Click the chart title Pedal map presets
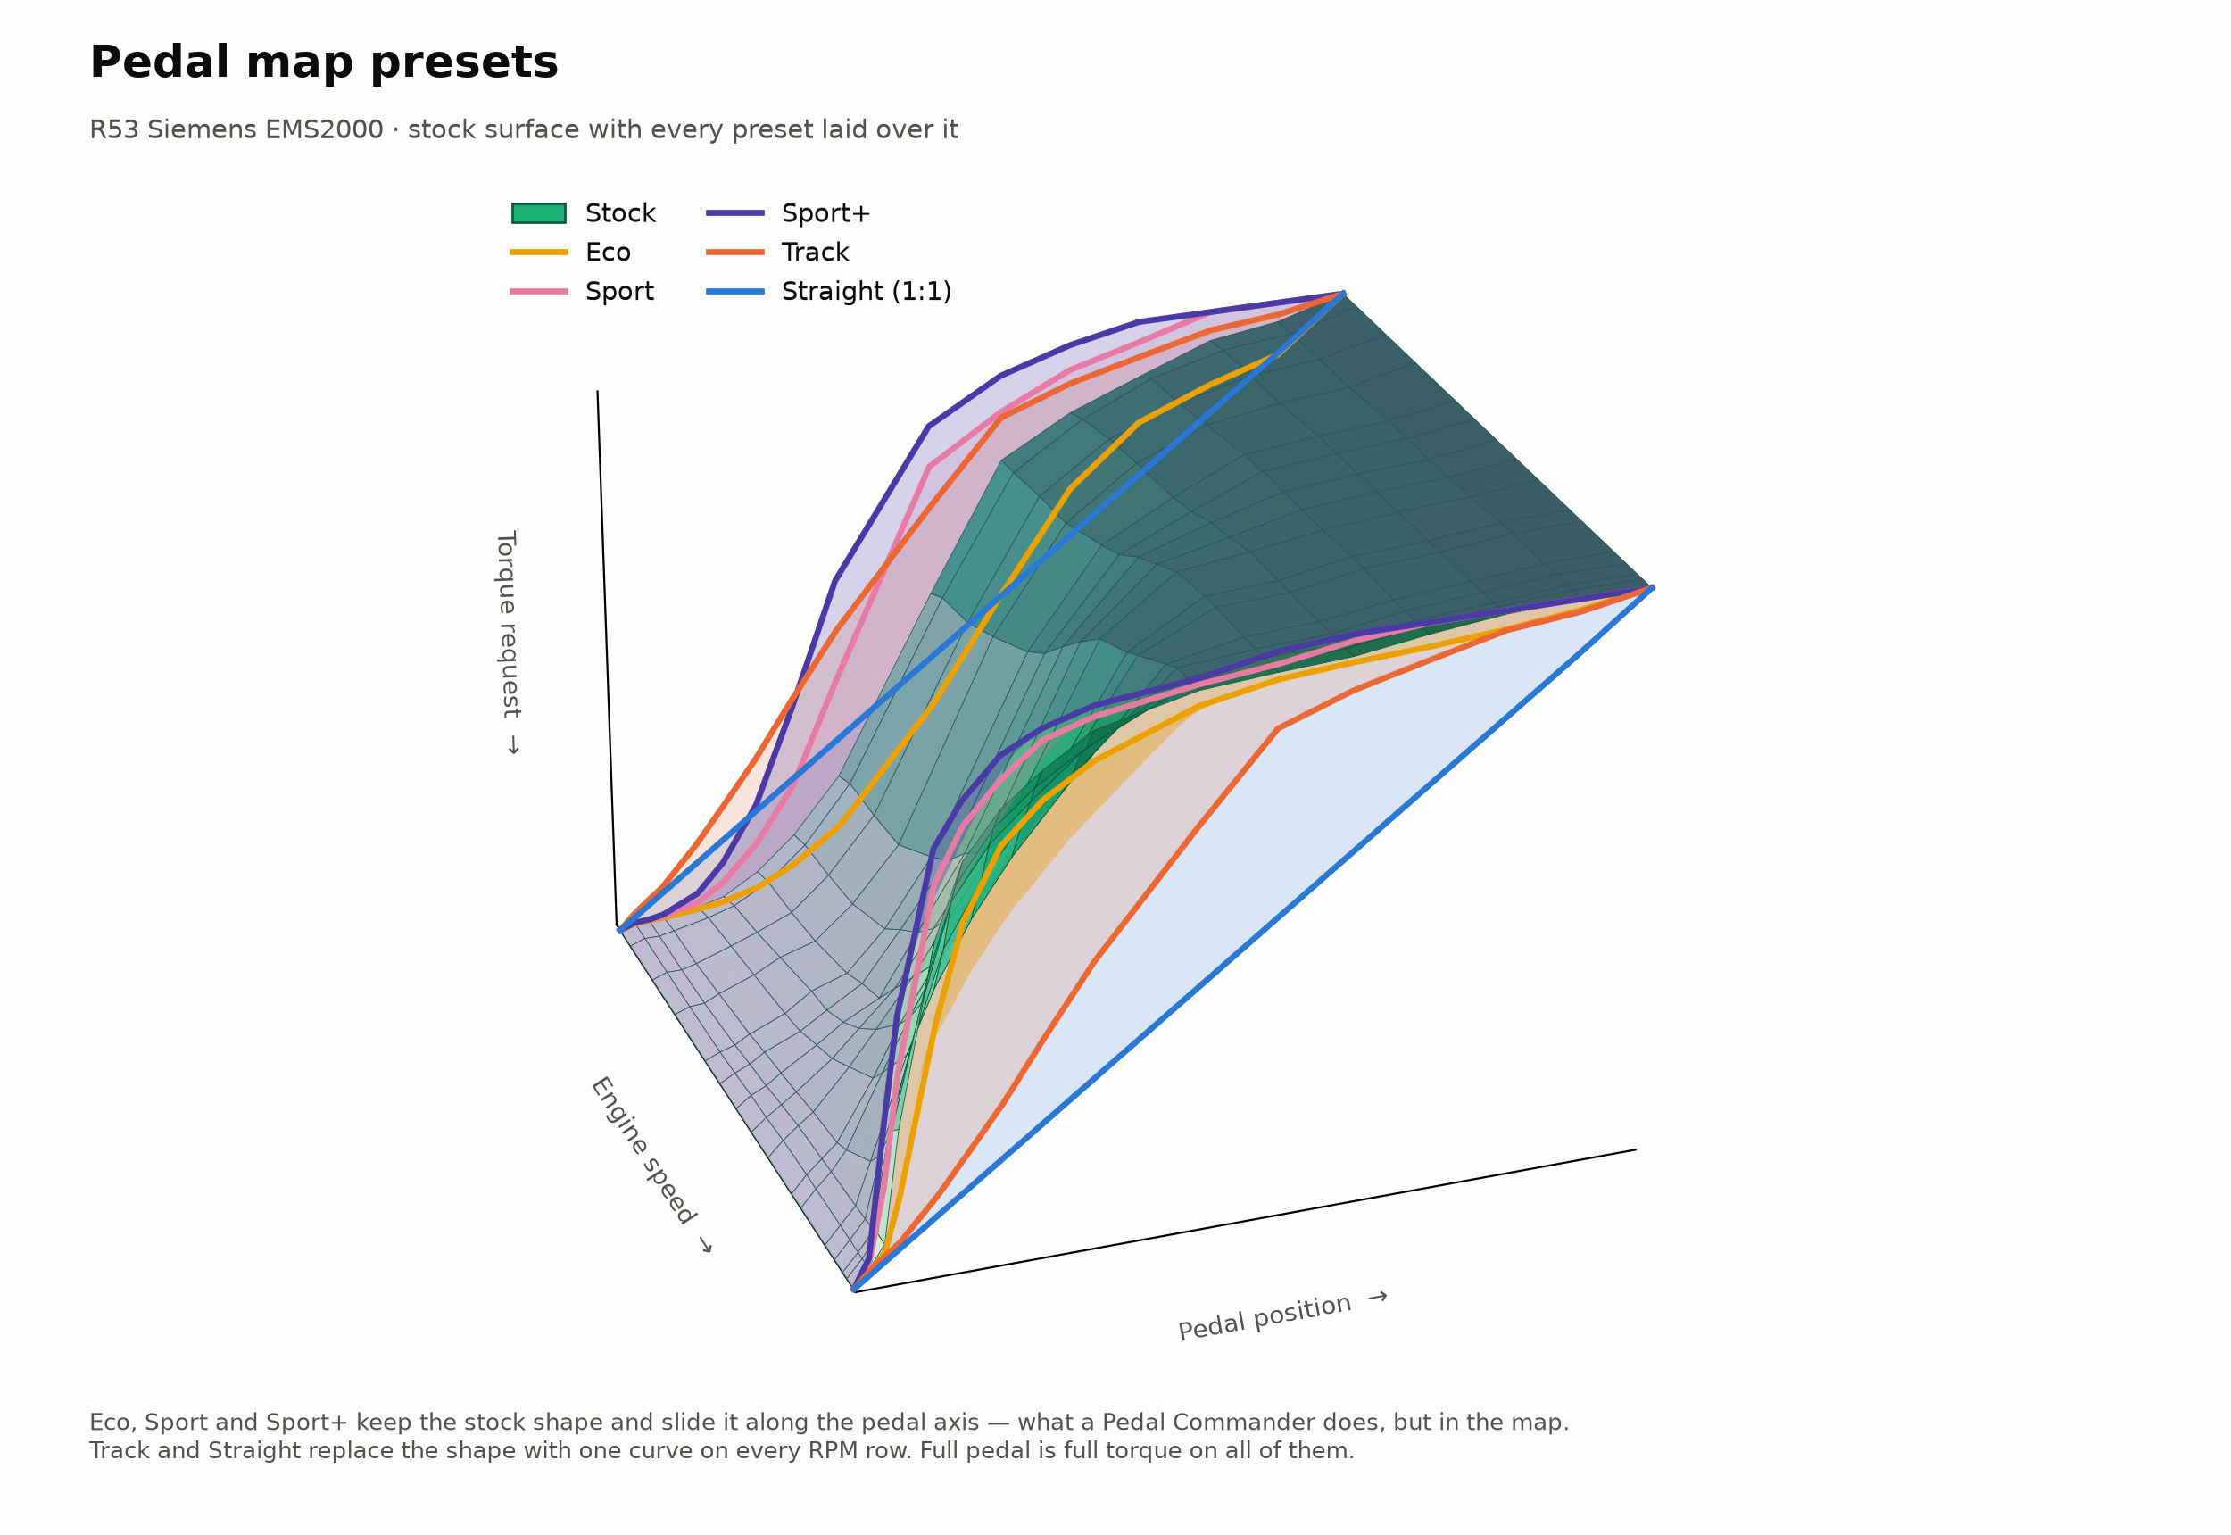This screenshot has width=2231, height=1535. pyautogui.click(x=324, y=63)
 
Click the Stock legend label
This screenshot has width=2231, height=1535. pyautogui.click(x=620, y=213)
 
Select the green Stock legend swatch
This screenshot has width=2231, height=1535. pyautogui.click(x=538, y=213)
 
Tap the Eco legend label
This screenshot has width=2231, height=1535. pyautogui.click(x=608, y=253)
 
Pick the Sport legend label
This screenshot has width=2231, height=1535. pyautogui.click(x=619, y=293)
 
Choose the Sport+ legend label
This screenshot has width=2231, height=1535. pyautogui.click(x=825, y=213)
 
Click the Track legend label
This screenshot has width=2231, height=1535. pyautogui.click(x=816, y=253)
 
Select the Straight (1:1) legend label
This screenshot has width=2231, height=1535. pyautogui.click(x=867, y=293)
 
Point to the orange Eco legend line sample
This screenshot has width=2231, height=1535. pyautogui.click(x=538, y=253)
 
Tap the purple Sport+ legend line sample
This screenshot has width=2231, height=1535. pyautogui.click(x=735, y=213)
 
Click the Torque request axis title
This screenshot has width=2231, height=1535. pyautogui.click(x=508, y=643)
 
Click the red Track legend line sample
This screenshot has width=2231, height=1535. pyautogui.click(x=735, y=253)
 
